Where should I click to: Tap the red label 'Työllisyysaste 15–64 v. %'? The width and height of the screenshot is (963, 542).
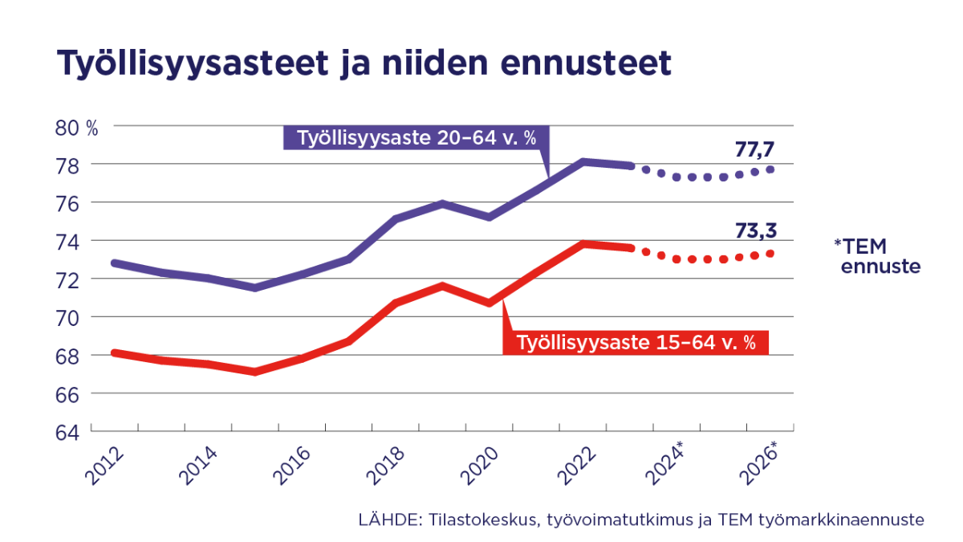pos(636,342)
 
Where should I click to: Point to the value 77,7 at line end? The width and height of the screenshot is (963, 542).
pos(754,149)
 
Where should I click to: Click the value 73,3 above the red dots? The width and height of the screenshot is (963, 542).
pos(754,232)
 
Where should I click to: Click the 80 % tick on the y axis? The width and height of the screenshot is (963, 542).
pos(75,127)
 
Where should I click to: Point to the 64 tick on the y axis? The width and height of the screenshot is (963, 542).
pos(67,432)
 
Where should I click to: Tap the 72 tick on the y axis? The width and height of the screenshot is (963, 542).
pos(67,279)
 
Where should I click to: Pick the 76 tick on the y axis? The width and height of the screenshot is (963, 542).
pos(67,203)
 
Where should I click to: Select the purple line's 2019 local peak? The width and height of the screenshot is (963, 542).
pos(442,203)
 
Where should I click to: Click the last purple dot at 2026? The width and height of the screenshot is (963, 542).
pos(770,169)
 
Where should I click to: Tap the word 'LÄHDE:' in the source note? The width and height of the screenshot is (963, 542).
pos(384,520)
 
